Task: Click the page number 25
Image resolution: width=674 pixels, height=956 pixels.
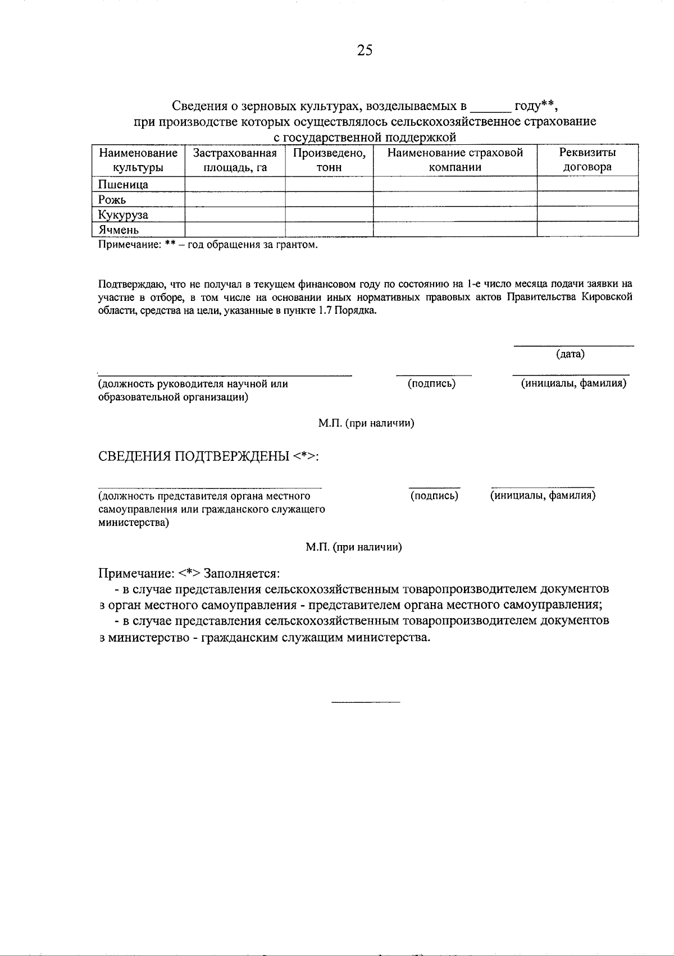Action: click(x=364, y=51)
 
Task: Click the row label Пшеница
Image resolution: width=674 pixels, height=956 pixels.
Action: click(x=124, y=185)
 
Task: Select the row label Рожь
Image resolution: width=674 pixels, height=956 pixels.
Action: click(x=112, y=200)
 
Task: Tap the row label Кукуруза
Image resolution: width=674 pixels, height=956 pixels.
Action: click(x=124, y=215)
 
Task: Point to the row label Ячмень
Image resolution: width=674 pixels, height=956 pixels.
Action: click(x=119, y=230)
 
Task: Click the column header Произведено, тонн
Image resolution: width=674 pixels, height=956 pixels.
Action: click(x=329, y=160)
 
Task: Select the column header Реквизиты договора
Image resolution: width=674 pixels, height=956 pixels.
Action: click(x=587, y=160)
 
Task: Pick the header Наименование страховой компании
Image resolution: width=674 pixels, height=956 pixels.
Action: click(x=455, y=160)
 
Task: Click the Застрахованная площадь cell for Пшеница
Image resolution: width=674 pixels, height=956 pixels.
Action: click(x=235, y=184)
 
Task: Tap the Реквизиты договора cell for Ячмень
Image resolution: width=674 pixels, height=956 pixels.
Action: click(x=587, y=230)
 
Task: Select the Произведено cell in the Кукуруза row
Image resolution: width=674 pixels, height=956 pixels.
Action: click(x=329, y=214)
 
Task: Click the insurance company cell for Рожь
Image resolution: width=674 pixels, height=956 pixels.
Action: click(x=455, y=199)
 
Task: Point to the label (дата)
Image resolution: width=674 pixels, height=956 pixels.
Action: click(x=570, y=354)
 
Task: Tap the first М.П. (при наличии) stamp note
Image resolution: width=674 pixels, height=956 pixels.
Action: click(x=366, y=423)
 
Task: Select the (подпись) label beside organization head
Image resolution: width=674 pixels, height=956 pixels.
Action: click(x=431, y=383)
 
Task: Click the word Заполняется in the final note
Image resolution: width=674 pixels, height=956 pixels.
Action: click(x=242, y=574)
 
